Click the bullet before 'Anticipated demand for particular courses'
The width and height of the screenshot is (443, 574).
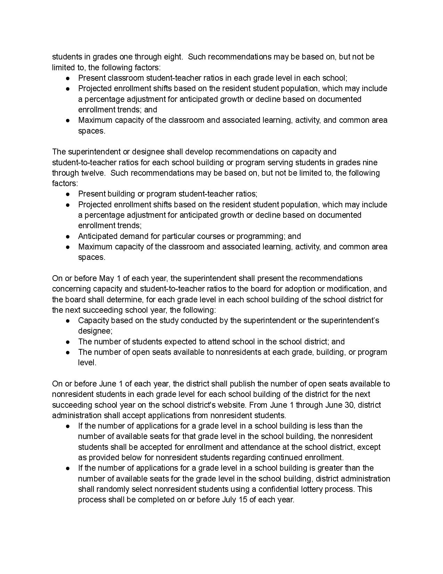[68, 236]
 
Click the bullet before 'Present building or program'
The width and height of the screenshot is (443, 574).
[68, 194]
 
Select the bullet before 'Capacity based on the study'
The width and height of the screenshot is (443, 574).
[68, 320]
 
